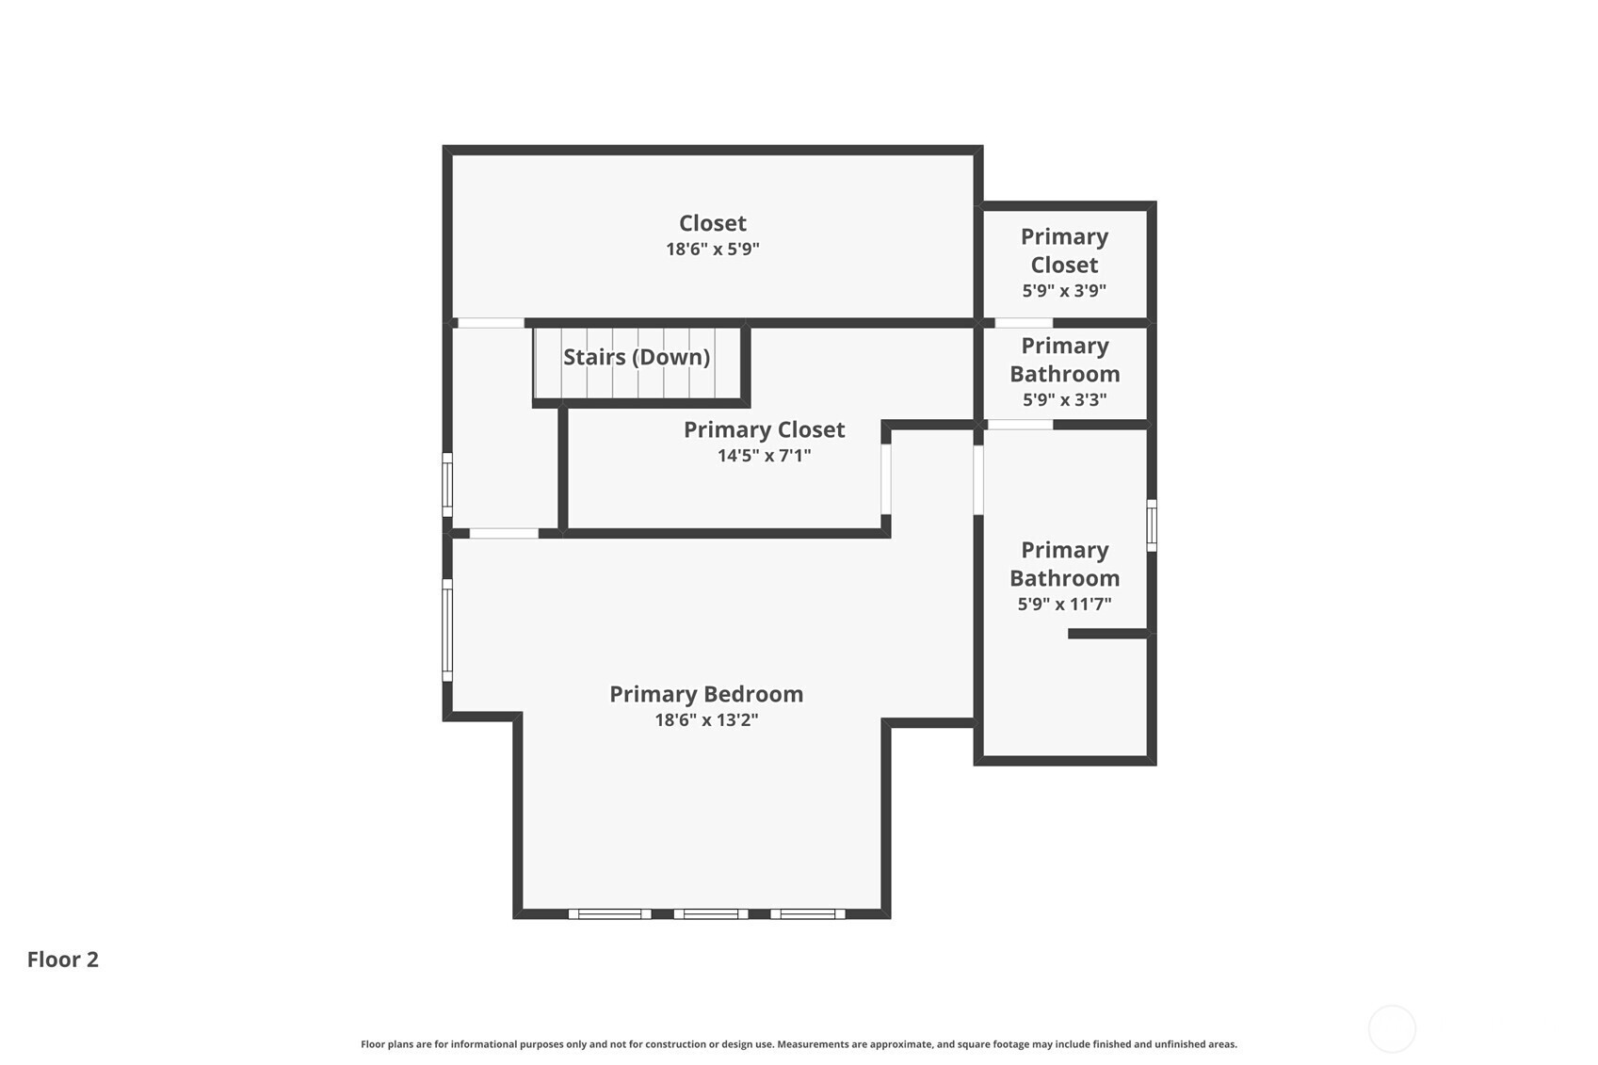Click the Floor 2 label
coord(63,960)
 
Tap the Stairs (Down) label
coord(637,357)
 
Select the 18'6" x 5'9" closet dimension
coord(713,249)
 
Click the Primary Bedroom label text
coord(706,694)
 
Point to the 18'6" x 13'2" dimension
coord(706,719)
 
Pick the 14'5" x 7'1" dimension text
coord(764,455)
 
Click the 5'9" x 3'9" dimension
coord(1064,290)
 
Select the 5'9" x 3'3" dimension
coord(1064,399)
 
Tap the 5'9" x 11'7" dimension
coord(1064,605)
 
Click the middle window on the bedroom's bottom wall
coord(711,913)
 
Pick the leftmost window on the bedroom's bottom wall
coord(610,913)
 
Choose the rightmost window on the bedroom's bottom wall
coord(808,913)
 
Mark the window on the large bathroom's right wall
coord(1152,525)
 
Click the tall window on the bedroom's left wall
coord(447,630)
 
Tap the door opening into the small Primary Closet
coord(1023,323)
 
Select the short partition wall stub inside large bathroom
coord(1108,634)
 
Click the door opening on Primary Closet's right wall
coord(886,479)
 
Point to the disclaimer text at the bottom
coord(799,1044)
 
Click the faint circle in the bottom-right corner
coord(1392,1028)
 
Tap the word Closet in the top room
coord(713,223)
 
